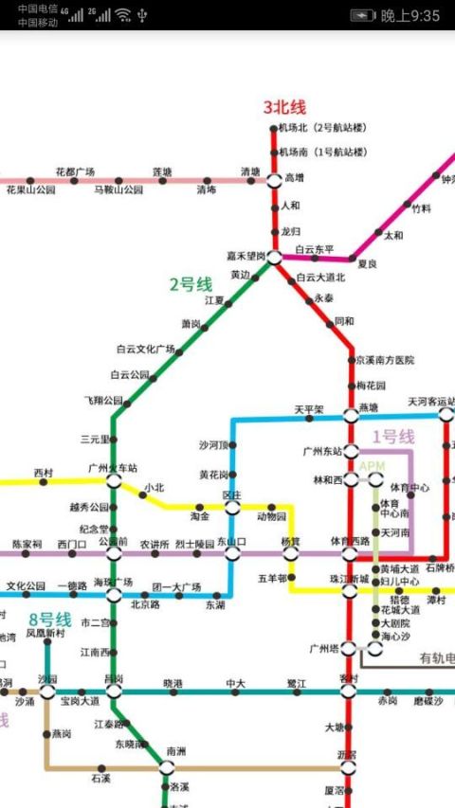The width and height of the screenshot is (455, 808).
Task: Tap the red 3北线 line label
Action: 284,107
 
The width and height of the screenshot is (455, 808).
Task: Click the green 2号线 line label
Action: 191,283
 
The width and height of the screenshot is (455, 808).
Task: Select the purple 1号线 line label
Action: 392,437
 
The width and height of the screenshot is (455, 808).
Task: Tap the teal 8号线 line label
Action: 49,619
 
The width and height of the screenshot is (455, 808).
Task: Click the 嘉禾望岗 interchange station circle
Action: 274,257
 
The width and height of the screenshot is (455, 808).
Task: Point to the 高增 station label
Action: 294,177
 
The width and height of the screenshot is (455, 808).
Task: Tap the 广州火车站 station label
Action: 113,467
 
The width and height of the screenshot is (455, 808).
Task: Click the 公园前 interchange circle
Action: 114,553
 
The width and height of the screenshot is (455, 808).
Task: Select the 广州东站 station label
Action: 322,451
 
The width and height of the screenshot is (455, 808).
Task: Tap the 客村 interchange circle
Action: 349,691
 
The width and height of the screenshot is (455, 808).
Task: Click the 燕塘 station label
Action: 368,407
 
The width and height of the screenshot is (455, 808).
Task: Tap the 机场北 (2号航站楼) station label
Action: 321,127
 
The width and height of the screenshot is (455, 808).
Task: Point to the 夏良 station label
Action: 367,263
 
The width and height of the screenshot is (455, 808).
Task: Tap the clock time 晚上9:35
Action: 410,15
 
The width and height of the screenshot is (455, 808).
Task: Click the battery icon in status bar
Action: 362,15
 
